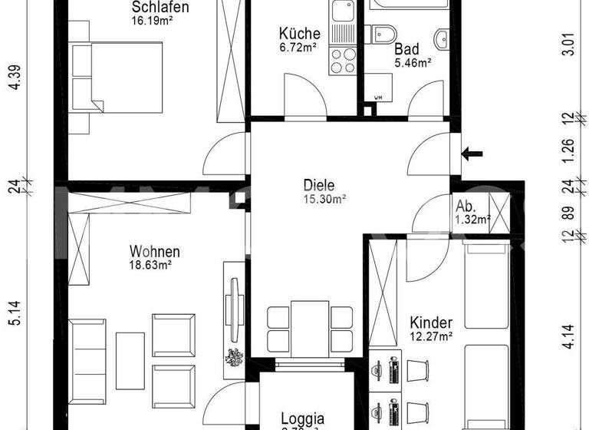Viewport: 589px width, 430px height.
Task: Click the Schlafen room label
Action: coord(160,7)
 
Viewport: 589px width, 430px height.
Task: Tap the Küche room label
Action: coord(299,34)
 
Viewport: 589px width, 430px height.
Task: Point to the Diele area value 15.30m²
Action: coord(324,198)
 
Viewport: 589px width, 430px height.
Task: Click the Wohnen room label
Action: coord(154,252)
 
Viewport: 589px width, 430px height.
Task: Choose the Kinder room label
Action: coord(430,322)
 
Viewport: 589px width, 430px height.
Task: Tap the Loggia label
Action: coord(302,419)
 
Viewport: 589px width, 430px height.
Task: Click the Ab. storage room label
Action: coord(465,207)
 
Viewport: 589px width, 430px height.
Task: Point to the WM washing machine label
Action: coord(377,98)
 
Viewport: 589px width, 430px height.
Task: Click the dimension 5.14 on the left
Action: coord(13,314)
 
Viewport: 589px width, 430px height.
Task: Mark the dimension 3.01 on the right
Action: coord(568,45)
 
